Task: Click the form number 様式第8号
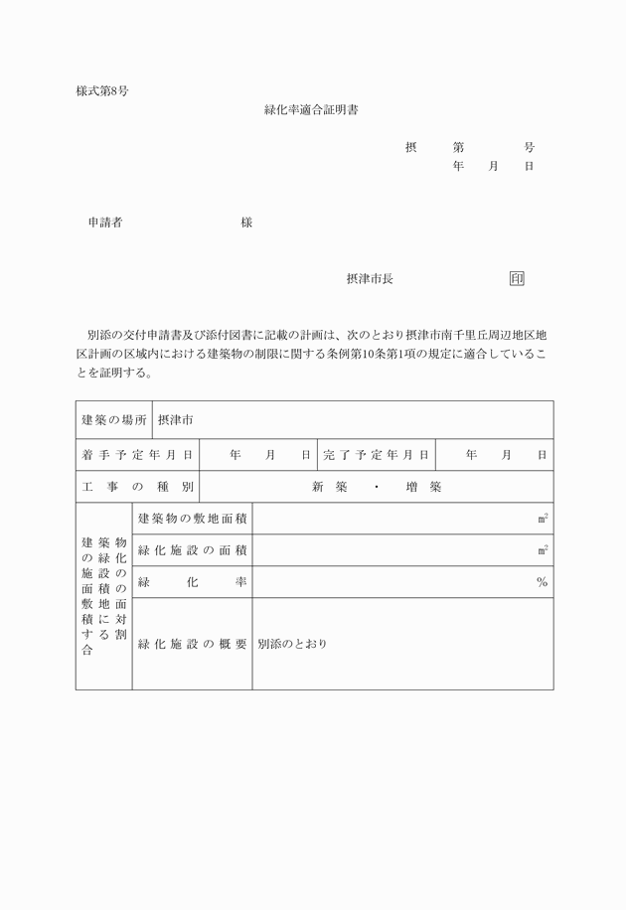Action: [x=101, y=90]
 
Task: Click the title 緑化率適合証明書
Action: [x=311, y=110]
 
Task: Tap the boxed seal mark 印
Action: [x=517, y=279]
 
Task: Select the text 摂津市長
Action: [x=370, y=279]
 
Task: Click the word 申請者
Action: [x=105, y=224]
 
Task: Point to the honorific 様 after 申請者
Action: [x=246, y=224]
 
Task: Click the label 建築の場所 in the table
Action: [x=114, y=420]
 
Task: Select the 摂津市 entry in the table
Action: [x=176, y=420]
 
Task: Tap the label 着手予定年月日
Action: [x=137, y=455]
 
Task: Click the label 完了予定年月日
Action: [x=377, y=455]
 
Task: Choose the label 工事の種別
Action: [x=137, y=487]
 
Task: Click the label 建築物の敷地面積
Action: [x=193, y=519]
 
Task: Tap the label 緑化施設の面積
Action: [x=193, y=550]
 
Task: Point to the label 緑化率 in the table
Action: [x=193, y=582]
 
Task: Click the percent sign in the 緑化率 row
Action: [x=542, y=582]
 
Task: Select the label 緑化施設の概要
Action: [x=193, y=644]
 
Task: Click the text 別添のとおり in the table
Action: [x=292, y=644]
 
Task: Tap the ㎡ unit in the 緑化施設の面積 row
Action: [x=543, y=550]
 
